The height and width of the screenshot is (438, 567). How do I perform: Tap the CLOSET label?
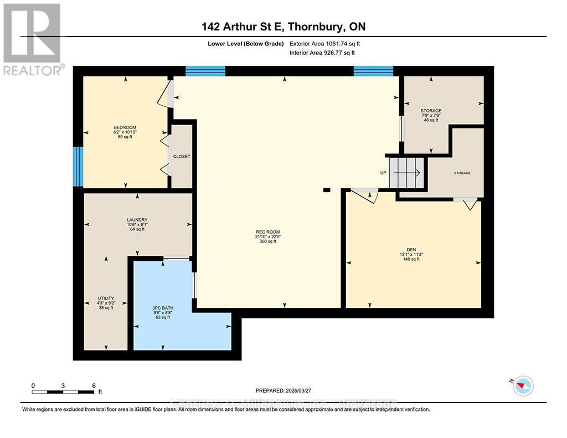182,157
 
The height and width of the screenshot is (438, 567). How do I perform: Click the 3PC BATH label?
163,308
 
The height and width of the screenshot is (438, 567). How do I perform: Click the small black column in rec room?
327,190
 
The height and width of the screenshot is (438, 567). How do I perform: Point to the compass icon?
523,385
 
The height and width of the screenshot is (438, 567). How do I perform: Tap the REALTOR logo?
32,39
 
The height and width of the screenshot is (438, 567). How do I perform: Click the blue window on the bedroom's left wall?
78,166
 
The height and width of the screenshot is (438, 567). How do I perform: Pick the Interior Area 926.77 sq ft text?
322,53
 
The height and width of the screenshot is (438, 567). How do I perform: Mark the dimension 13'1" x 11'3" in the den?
411,254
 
